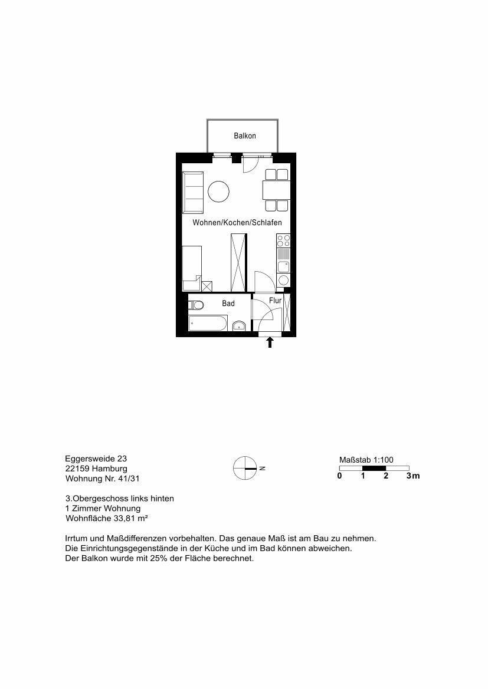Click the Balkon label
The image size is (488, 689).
[x=245, y=136]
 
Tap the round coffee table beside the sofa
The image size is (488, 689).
[x=219, y=192]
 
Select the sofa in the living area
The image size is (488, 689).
[x=193, y=193]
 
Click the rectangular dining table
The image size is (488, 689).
[x=276, y=190]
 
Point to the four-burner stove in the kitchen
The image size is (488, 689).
[x=283, y=241]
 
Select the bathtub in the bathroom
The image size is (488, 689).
[x=207, y=324]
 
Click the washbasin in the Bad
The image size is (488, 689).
[x=239, y=325]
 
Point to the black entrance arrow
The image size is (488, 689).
[x=270, y=342]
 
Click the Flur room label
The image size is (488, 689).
[x=275, y=301]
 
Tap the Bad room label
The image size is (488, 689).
[x=228, y=303]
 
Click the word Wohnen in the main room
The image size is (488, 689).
[x=207, y=222]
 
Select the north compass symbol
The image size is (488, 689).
[x=245, y=469]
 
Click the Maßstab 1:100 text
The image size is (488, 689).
[x=366, y=460]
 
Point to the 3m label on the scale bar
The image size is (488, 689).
[x=412, y=476]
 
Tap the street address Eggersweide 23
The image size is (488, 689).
[x=96, y=459]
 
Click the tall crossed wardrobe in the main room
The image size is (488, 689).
[x=239, y=262]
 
